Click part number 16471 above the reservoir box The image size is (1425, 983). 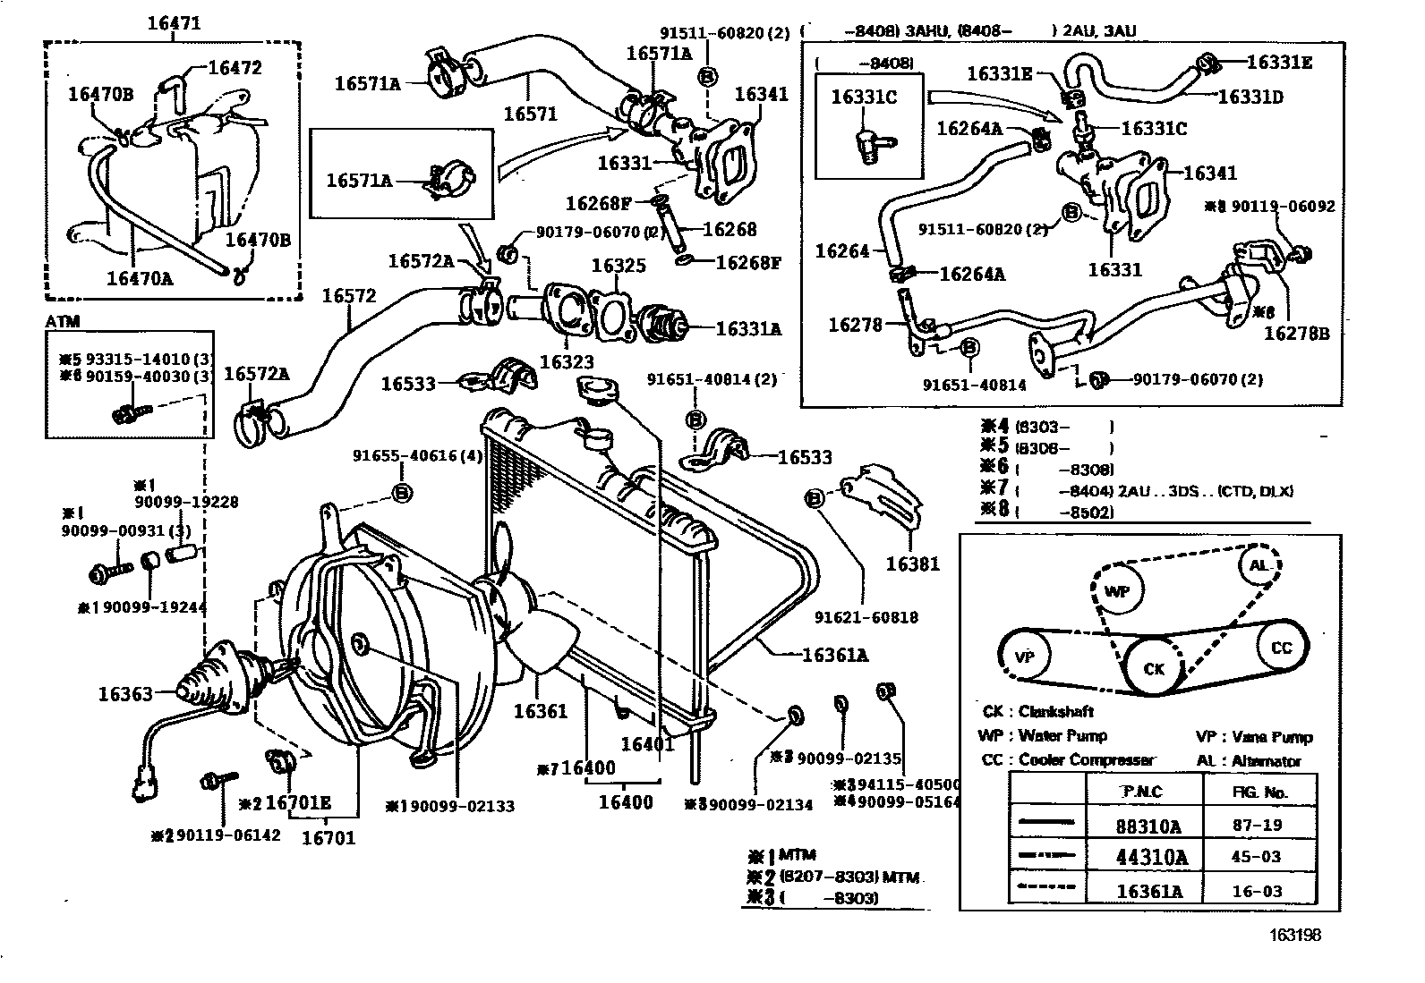point(174,24)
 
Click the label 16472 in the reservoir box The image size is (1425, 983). point(235,68)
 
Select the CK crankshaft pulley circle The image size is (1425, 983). point(1154,668)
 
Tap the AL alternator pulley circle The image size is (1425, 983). point(1259,565)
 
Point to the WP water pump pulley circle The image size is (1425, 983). point(1117,591)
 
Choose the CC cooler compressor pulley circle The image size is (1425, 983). point(1282,648)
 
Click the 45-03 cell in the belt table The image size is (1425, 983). point(1258,856)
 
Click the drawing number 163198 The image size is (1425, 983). point(1294,936)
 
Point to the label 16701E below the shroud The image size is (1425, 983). point(298,803)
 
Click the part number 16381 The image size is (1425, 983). point(913,564)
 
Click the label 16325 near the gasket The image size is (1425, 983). point(619,266)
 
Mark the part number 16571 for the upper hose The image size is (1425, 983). point(530,114)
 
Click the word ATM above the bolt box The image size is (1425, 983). point(61,321)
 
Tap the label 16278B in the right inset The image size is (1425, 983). point(1296,333)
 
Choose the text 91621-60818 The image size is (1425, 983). point(866,617)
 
